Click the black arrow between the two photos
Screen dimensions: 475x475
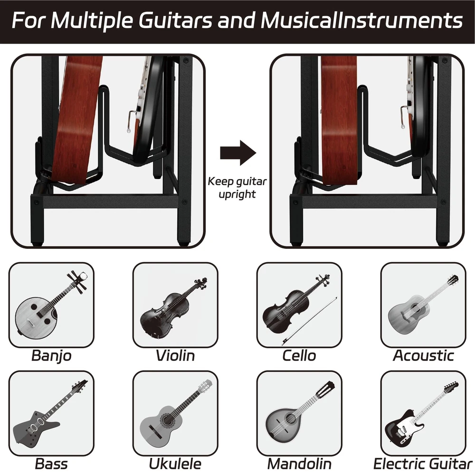[x=238, y=152]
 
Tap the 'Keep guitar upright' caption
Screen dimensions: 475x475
[x=237, y=188]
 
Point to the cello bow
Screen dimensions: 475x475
[x=309, y=321]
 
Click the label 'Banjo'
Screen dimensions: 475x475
[x=51, y=356]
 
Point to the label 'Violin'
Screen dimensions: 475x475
[x=175, y=356]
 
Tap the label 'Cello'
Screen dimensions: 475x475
[x=299, y=356]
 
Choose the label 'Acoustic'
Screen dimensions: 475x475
[x=423, y=356]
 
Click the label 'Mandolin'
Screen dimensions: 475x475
[x=299, y=464]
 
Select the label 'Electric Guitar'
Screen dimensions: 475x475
[x=423, y=464]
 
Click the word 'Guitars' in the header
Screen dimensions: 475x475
[x=176, y=20]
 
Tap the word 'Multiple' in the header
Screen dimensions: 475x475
[x=93, y=21]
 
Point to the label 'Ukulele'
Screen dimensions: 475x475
[x=175, y=464]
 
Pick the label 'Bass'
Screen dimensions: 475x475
[x=51, y=464]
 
